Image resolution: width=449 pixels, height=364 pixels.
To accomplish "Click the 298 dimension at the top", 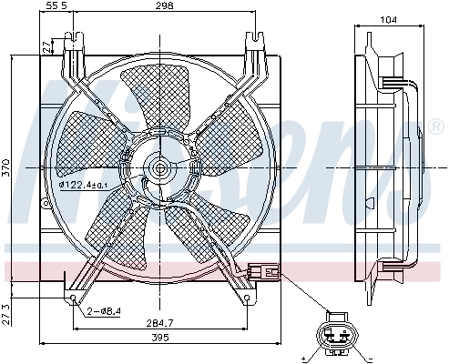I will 165,6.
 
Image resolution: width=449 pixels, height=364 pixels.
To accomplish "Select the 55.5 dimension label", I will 57,6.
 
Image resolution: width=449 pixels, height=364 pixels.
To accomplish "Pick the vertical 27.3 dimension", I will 6,311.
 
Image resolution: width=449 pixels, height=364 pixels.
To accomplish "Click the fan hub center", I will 162,167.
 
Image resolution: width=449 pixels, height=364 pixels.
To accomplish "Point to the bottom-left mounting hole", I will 73,296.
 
